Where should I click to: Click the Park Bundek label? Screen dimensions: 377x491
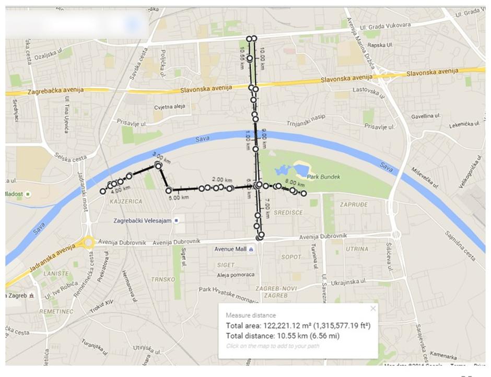pos(324,177)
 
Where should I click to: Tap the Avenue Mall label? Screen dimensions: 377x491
pos(230,249)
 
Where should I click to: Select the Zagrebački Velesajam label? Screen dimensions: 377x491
pos(143,221)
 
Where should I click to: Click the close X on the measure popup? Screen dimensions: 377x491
pos(373,309)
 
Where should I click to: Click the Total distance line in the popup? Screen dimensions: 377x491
pos(283,336)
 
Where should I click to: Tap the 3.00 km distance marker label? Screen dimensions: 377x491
pos(161,157)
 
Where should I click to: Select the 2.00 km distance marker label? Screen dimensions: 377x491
pos(221,180)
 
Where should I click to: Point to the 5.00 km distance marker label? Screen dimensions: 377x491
pos(179,197)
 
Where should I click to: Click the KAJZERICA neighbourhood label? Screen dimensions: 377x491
pos(125,201)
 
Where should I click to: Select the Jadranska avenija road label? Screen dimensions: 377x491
pos(49,260)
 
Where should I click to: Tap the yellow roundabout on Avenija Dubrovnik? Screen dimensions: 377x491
pos(89,242)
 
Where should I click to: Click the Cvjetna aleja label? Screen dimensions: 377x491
pos(169,107)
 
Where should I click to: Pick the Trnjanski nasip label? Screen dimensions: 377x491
pos(306,124)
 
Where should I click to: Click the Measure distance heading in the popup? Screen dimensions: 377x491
pos(251,315)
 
